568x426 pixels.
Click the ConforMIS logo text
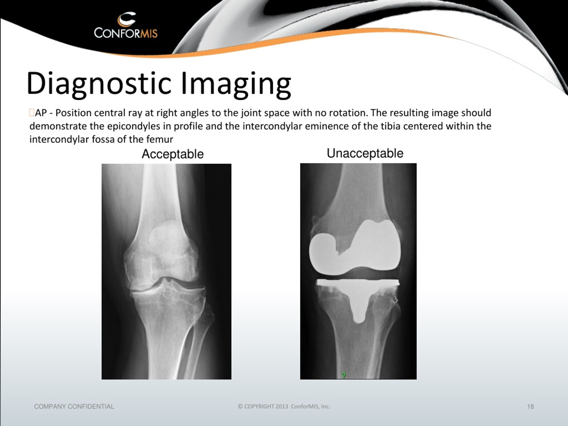pos(126,33)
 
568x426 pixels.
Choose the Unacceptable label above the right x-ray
pos(365,153)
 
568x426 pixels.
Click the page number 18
pos(531,406)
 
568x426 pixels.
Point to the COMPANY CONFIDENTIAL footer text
pos(74,406)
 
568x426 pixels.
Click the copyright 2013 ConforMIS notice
pos(284,406)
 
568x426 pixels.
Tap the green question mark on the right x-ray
pos(344,375)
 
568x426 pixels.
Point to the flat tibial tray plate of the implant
pos(358,282)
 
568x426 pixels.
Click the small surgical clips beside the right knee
pos(396,299)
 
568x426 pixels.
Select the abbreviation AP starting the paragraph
pos(41,113)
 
